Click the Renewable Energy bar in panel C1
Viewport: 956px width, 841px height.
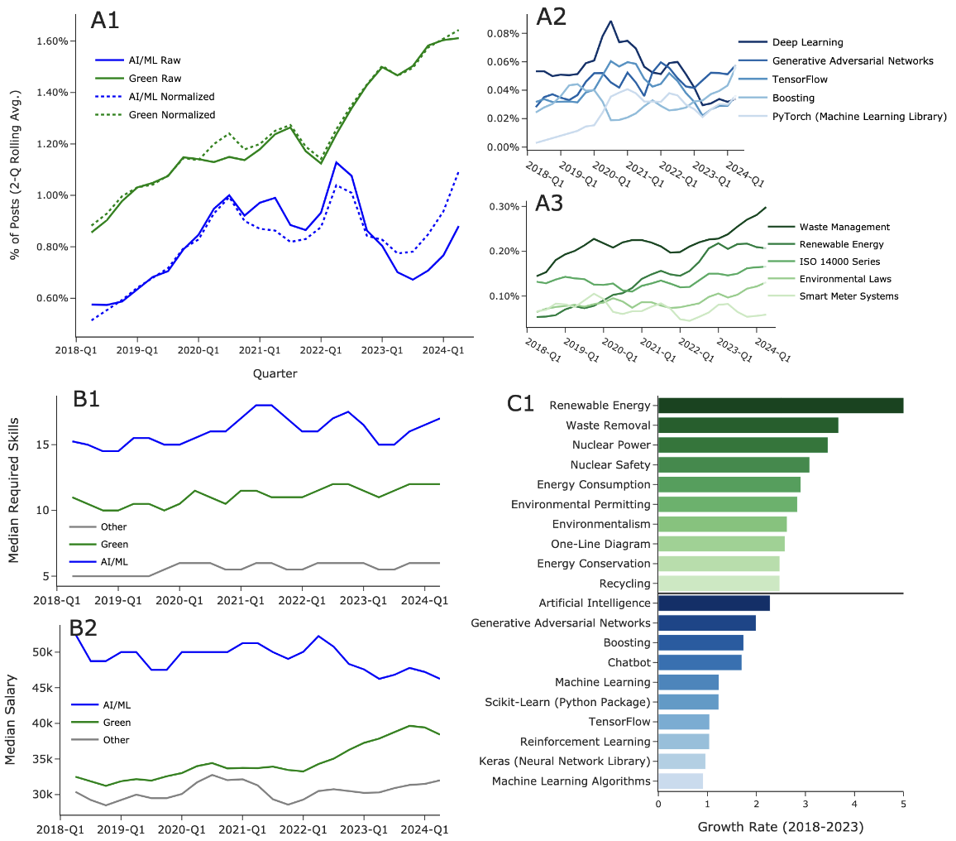(780, 406)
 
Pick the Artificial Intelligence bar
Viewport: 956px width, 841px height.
(714, 603)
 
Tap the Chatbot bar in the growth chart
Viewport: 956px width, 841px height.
(700, 662)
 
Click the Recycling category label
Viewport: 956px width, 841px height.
(625, 584)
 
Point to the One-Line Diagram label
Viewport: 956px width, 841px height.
(600, 544)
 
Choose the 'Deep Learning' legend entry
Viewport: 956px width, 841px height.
(807, 42)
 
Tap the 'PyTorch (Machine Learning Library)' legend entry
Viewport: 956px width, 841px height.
(859, 117)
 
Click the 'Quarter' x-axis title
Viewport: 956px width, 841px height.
(275, 374)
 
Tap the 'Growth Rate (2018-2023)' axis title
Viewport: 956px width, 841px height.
(780, 826)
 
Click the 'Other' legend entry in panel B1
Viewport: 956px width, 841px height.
(113, 526)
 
